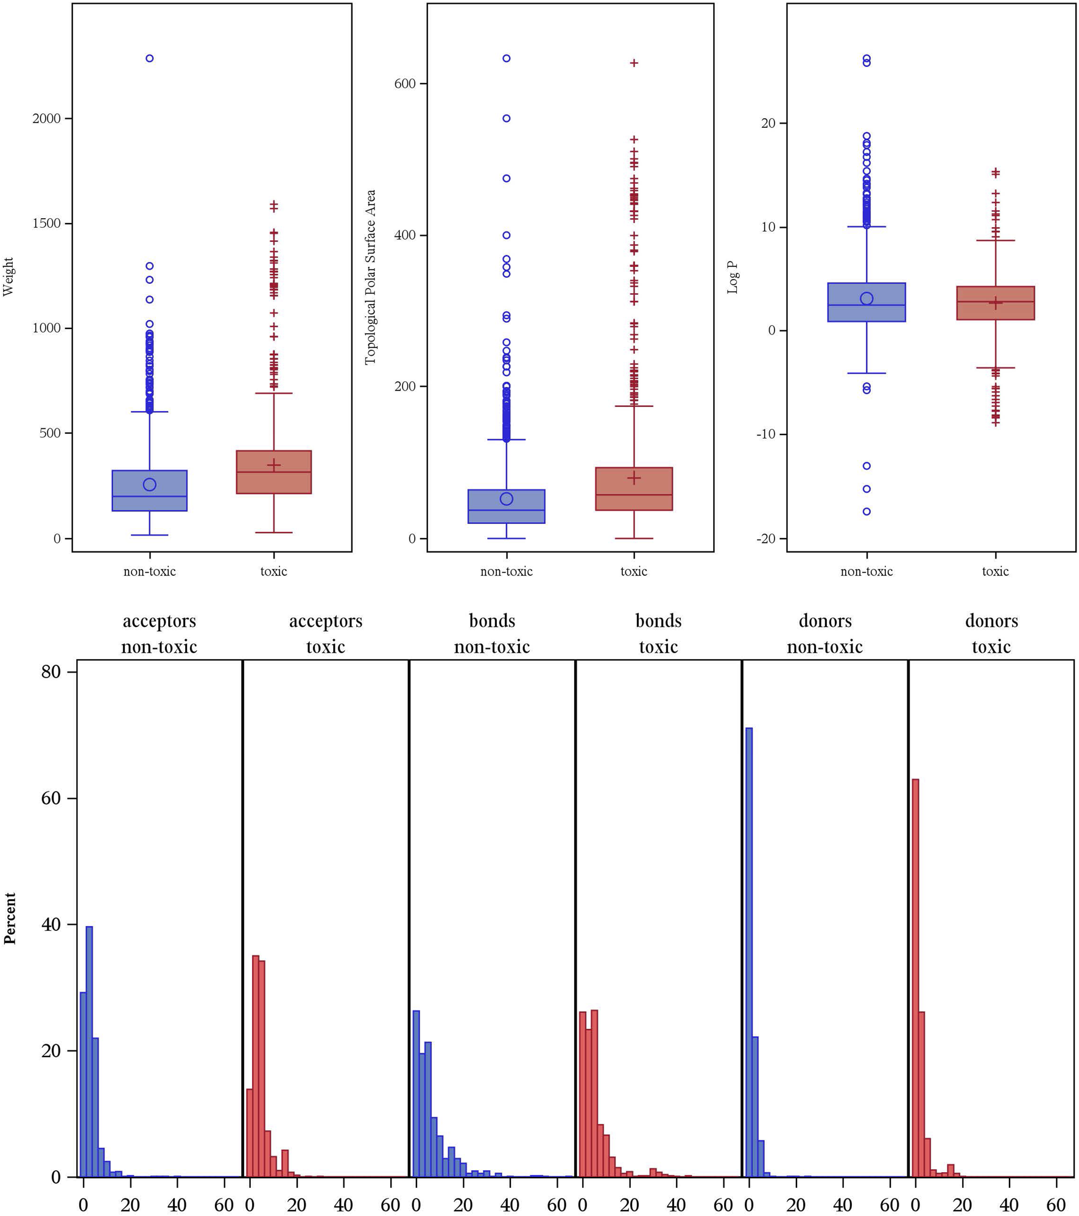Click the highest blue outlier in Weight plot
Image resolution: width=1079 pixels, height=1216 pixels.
pyautogui.click(x=149, y=58)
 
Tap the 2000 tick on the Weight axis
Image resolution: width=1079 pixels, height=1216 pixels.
pyautogui.click(x=47, y=119)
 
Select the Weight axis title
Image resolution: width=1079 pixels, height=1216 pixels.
pyautogui.click(x=8, y=277)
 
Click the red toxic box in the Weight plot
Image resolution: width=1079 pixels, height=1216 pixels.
pyautogui.click(x=273, y=472)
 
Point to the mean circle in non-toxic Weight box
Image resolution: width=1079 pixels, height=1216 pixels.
pyautogui.click(x=149, y=484)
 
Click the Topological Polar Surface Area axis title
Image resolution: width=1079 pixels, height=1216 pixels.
pyautogui.click(x=370, y=277)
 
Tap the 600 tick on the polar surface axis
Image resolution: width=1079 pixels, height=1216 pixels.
pyautogui.click(x=405, y=83)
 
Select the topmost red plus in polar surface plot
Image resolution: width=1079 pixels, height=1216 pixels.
pyautogui.click(x=634, y=63)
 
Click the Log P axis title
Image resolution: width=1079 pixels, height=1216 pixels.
pyautogui.click(x=733, y=278)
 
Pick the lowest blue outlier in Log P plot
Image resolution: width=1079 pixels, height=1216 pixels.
pyautogui.click(x=866, y=512)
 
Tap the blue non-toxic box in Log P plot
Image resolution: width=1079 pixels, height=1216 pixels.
pyautogui.click(x=866, y=302)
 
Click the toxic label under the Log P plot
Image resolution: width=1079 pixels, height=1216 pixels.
pyautogui.click(x=995, y=571)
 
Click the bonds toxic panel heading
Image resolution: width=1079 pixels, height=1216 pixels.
pyautogui.click(x=658, y=634)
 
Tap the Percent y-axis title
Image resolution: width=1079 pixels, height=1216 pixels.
pyautogui.click(x=10, y=918)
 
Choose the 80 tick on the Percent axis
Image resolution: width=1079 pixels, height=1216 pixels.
pyautogui.click(x=51, y=672)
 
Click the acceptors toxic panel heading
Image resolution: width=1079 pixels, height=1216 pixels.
pyautogui.click(x=326, y=634)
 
